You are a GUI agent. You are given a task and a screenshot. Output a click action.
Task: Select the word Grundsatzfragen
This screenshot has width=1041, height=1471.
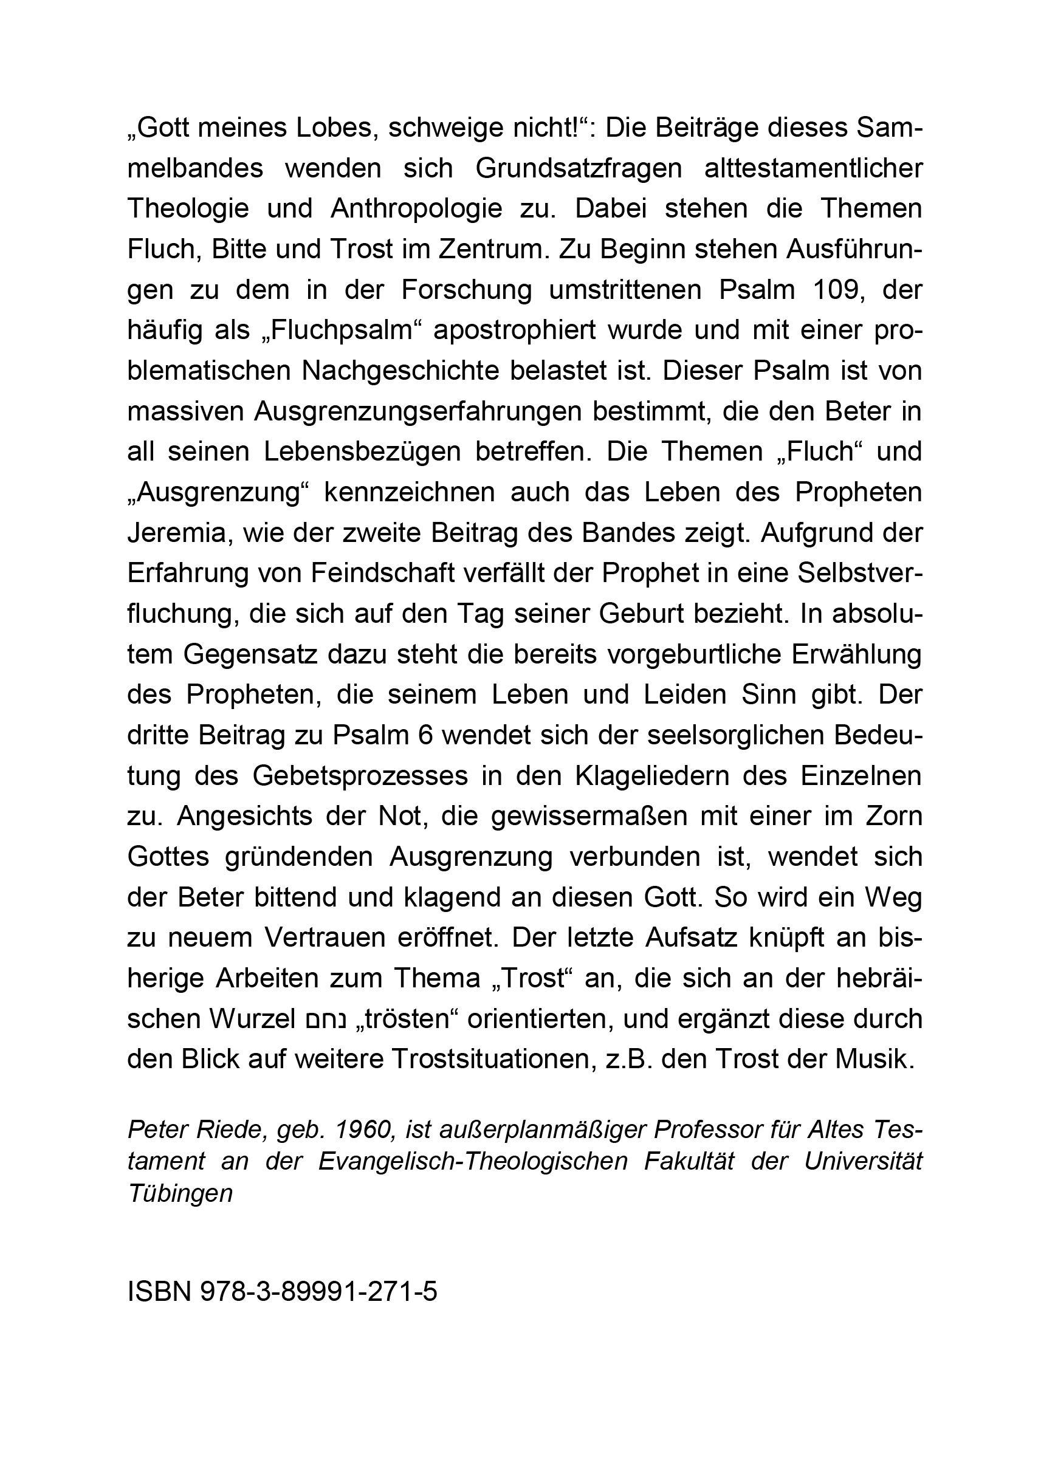click(x=578, y=169)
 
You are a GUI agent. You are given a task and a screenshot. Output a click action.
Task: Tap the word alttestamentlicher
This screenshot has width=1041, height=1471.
click(x=813, y=169)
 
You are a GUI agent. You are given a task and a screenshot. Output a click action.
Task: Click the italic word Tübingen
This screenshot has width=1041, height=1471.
click(x=180, y=1193)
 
